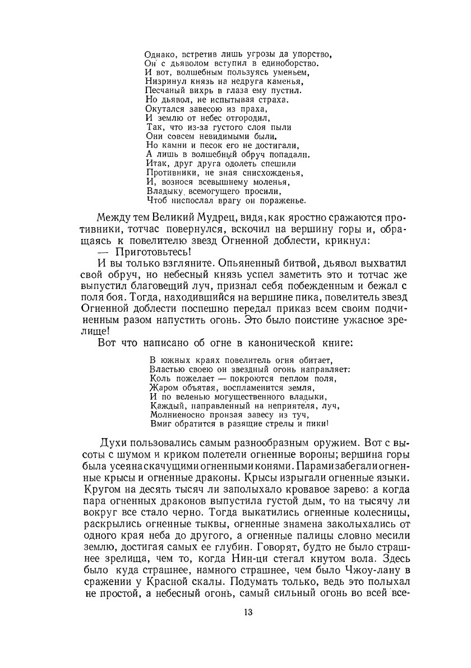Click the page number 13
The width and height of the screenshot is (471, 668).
pyautogui.click(x=248, y=612)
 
